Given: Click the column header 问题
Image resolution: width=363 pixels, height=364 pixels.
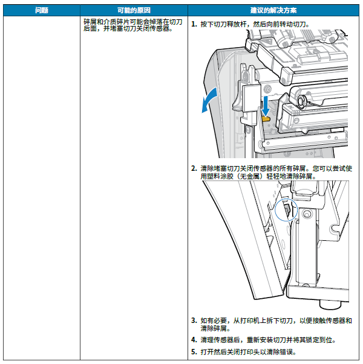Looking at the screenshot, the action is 42,10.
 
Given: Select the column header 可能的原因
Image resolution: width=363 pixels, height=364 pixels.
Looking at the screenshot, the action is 134,10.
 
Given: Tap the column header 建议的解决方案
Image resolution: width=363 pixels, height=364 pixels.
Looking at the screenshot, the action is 273,10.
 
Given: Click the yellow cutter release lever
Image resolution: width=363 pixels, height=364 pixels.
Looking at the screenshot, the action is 266,119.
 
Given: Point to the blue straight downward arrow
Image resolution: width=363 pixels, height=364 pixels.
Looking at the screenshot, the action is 265,106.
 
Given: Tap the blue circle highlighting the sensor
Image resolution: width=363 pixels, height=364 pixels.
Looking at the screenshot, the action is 286,209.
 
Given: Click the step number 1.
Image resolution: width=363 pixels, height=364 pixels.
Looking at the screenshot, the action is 194,24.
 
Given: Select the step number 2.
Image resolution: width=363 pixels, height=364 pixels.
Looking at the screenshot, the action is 194,168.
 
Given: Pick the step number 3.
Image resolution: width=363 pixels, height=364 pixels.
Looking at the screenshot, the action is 194,321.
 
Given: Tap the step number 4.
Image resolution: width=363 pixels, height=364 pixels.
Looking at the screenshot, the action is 194,340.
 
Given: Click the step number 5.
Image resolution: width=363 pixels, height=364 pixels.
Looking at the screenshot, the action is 194,352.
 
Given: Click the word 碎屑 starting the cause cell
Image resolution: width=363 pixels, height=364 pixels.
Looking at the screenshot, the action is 90,22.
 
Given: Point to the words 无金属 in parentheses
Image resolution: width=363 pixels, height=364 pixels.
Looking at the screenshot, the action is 249,176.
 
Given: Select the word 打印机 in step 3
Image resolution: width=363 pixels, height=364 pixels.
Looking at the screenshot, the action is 250,321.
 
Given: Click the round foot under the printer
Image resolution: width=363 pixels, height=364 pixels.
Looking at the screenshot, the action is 330,305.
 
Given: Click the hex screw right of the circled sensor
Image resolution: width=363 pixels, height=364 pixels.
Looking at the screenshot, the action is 307,214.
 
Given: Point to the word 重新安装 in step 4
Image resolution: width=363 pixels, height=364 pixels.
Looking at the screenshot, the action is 260,340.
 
